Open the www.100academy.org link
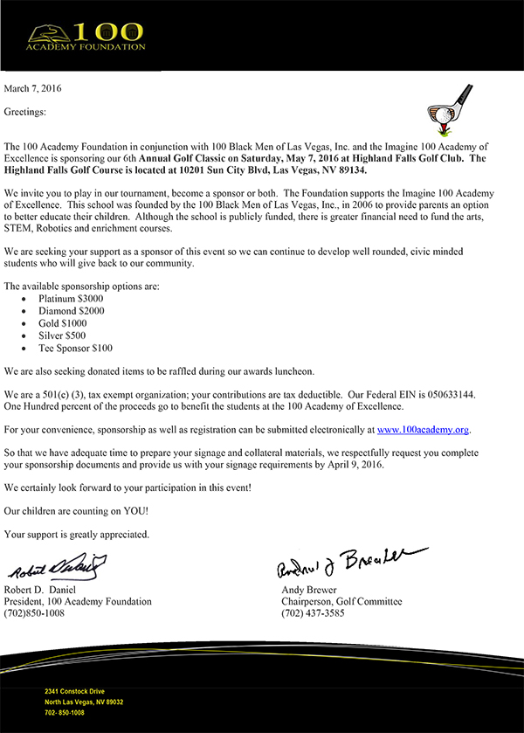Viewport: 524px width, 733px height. click(424, 430)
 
